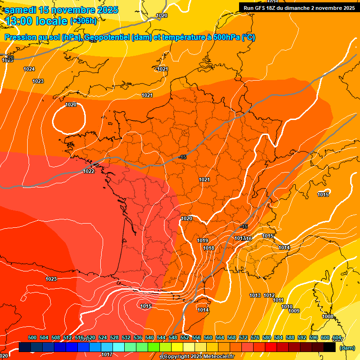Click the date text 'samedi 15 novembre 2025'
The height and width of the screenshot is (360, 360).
point(61,10)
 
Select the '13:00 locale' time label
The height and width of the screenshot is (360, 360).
point(36,21)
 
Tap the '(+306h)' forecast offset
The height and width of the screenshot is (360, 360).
point(83,21)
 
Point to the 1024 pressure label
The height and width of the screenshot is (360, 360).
point(29,69)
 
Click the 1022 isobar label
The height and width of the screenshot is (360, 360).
point(89,171)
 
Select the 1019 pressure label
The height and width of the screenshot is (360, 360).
point(202,240)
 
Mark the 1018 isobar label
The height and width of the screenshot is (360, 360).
point(209,248)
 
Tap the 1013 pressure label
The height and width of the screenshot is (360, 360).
point(255,295)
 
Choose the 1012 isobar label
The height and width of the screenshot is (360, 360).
point(269,295)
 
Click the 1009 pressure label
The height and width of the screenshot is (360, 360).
point(294,311)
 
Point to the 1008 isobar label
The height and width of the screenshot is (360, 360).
point(328,316)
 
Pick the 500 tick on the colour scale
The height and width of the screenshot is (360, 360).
point(32,337)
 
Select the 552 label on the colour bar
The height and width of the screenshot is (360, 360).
point(185,337)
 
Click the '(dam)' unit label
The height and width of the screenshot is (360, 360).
point(347,347)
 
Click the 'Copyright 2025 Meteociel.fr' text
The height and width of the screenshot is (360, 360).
point(199,356)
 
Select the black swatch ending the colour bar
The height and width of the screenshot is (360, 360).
point(330,347)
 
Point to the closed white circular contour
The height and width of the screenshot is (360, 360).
point(68,118)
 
